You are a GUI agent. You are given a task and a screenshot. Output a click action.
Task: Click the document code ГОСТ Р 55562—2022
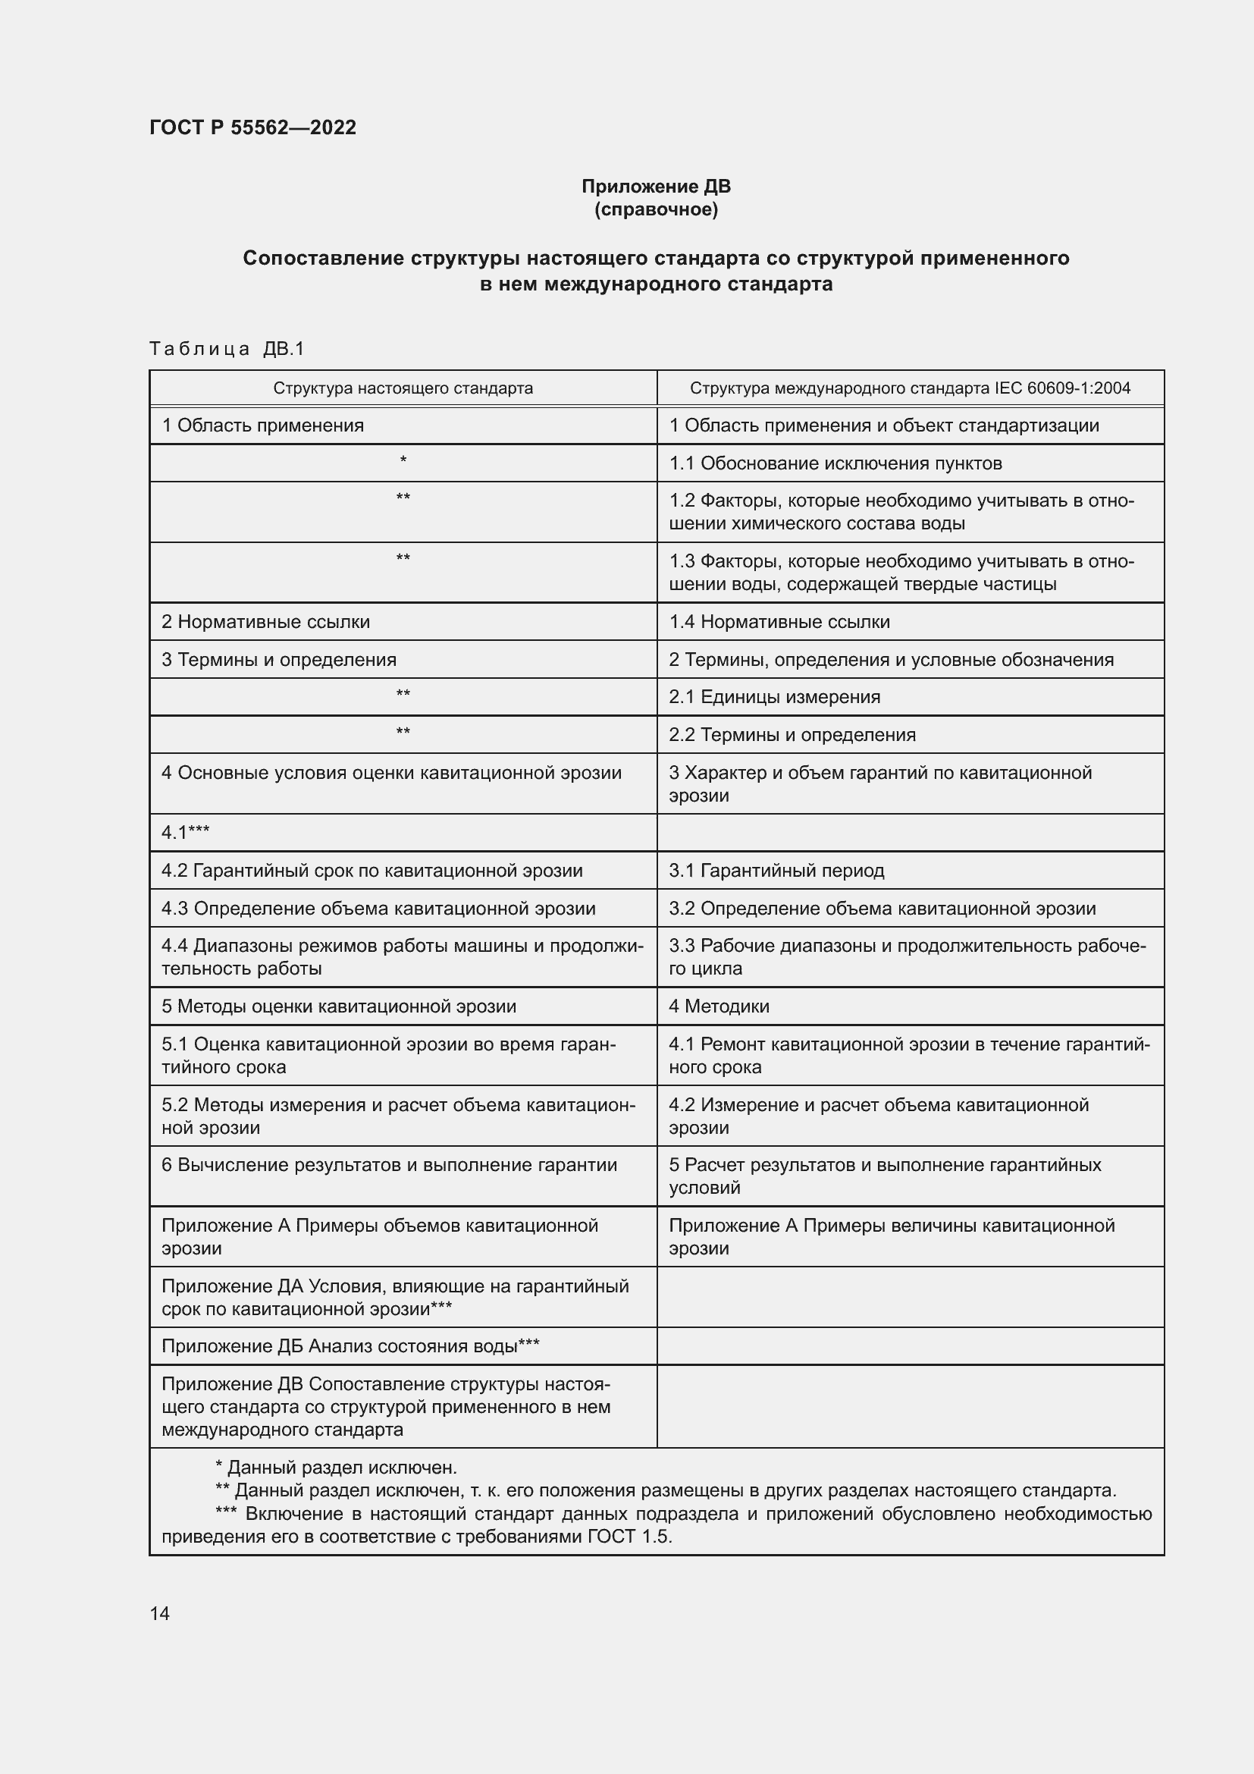click(252, 127)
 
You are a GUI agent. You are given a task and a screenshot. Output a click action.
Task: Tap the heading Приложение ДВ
click(656, 187)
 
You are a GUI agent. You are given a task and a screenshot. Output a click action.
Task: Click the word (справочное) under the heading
click(656, 209)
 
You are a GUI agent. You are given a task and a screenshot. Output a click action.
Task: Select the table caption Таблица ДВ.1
click(227, 349)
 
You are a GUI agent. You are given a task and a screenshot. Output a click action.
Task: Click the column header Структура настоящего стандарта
click(403, 388)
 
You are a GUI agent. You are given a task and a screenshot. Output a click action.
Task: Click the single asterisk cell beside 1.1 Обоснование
click(403, 461)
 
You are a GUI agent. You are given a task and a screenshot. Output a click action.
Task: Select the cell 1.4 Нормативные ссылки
click(779, 622)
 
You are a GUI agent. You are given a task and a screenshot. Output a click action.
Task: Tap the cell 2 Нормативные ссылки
click(265, 622)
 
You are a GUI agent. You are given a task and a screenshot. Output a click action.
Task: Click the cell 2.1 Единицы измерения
click(775, 697)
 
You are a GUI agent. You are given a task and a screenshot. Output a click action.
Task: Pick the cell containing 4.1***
click(185, 832)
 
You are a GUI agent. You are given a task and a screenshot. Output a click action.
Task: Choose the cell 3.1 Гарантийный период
click(776, 871)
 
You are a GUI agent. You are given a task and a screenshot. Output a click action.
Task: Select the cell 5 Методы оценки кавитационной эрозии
click(338, 1006)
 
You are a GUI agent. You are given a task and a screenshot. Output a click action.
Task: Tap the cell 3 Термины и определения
click(279, 660)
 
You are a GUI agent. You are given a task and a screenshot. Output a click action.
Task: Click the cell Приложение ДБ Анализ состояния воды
click(350, 1347)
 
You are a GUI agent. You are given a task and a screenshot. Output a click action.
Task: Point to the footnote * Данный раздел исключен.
click(336, 1468)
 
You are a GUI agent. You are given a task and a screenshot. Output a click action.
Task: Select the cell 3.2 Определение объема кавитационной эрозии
click(882, 909)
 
